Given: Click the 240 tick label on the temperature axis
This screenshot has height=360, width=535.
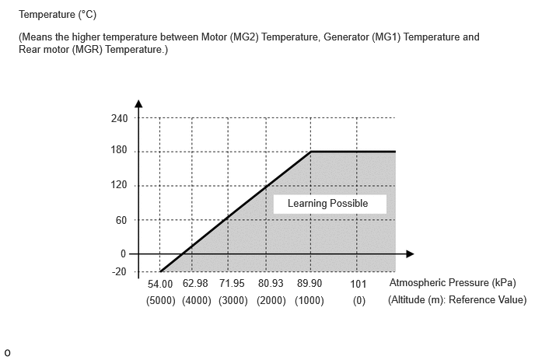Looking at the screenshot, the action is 119,118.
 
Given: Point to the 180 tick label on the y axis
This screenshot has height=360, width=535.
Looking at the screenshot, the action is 119,150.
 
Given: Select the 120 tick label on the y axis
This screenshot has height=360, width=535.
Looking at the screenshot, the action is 119,184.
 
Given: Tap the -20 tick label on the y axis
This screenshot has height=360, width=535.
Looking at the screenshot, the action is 119,271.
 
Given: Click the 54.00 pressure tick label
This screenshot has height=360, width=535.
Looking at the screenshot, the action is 160,284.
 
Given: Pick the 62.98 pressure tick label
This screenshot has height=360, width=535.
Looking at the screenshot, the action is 195,283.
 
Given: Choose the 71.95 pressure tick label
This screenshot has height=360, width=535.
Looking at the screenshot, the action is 232,283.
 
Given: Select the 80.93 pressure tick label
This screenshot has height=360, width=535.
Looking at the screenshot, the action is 271,283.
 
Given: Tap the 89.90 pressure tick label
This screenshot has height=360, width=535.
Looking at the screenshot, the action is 309,283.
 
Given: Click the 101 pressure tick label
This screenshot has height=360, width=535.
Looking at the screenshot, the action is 358,284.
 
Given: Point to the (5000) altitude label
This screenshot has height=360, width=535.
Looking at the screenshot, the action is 161,301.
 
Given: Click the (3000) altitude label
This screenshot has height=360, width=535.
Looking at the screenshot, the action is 233,301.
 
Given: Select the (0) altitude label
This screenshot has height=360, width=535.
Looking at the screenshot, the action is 359,301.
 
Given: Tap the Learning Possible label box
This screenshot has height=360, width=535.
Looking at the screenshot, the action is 330,204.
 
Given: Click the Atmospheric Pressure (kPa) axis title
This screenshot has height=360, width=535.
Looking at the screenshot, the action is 453,282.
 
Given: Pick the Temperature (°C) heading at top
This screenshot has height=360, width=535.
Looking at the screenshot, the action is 58,14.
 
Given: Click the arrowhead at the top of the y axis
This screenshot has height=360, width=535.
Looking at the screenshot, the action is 138,103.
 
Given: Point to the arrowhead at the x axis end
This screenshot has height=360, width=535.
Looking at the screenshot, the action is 410,254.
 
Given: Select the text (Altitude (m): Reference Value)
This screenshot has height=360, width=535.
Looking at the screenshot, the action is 457,299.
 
